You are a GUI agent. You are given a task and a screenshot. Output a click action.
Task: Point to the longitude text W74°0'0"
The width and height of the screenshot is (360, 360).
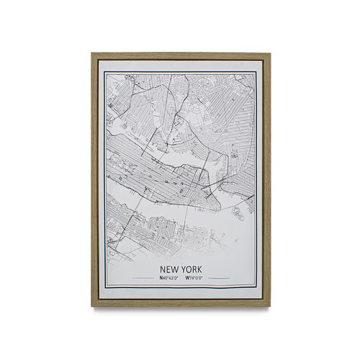pyautogui.click(x=194, y=278)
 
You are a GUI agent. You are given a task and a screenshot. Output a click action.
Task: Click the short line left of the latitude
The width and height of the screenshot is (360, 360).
pyautogui.click(x=142, y=278)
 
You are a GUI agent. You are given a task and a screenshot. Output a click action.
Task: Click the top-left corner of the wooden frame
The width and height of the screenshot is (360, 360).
pyautogui.click(x=93, y=53)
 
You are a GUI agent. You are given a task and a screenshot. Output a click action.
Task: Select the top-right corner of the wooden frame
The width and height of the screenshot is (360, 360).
pyautogui.click(x=270, y=53)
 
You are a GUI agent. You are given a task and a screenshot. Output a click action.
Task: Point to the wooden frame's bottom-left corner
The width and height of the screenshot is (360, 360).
pyautogui.click(x=93, y=307)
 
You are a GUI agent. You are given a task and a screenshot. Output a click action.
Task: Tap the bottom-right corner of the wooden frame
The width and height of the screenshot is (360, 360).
pyautogui.click(x=270, y=307)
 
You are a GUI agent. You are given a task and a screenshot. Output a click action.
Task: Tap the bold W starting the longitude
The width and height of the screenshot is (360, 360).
pyautogui.click(x=186, y=278)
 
